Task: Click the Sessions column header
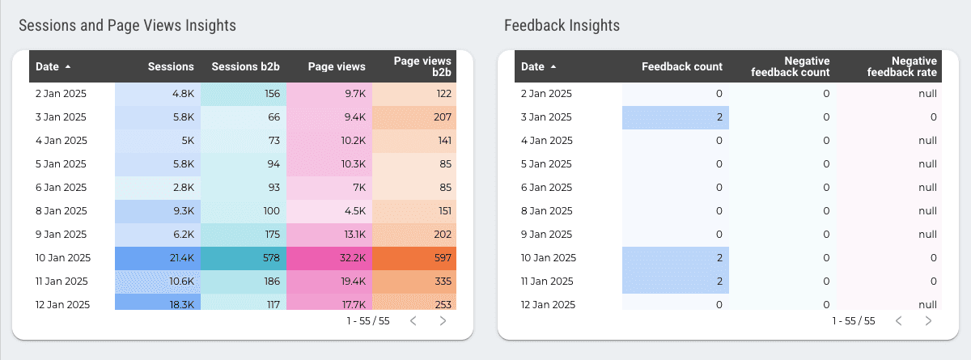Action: (171, 66)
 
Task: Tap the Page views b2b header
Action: (422, 66)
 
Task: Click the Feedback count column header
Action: (681, 66)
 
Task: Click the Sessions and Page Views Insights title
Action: (127, 26)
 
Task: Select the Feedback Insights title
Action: (562, 26)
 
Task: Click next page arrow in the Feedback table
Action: (928, 321)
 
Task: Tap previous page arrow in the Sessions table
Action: (413, 321)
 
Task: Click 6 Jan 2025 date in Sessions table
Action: (61, 188)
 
